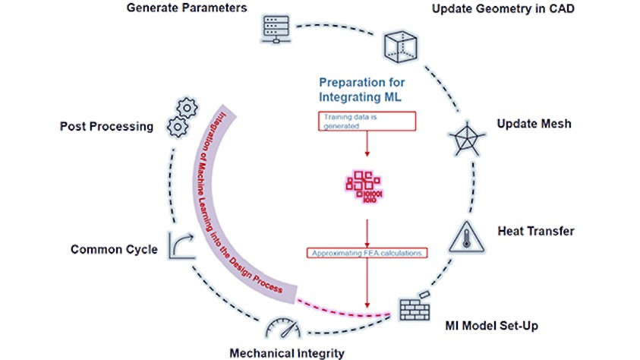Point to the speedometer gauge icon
[282, 326]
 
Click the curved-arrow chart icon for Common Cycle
[181, 248]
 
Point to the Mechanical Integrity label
[288, 352]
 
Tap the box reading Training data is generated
[366, 120]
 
